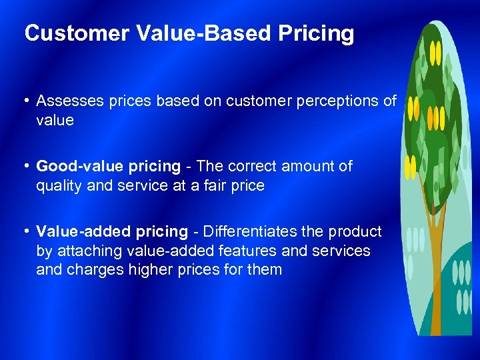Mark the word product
point(357,231)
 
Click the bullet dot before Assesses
point(27,101)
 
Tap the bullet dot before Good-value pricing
point(27,166)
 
